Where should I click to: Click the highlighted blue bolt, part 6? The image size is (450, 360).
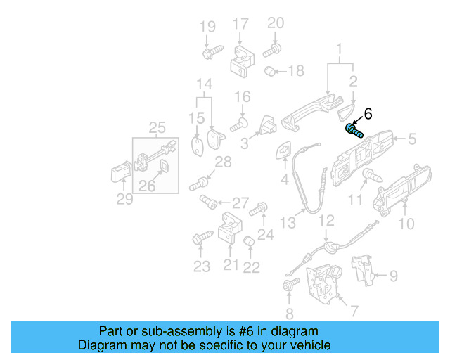(x=354, y=129)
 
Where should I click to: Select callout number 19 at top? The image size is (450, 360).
(x=207, y=27)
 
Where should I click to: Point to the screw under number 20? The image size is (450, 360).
(x=272, y=50)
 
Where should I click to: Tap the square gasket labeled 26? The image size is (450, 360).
(x=163, y=167)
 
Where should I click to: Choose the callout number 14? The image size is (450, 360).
(x=203, y=85)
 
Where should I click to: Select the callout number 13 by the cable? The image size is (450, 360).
(x=288, y=223)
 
